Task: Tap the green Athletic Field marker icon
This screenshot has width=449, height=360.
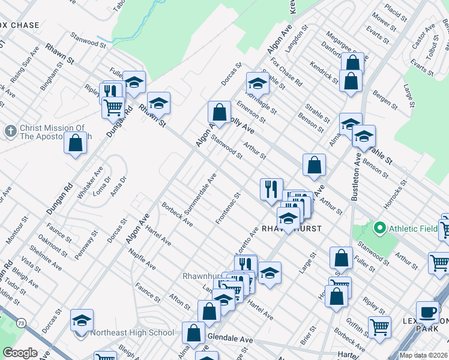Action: pyautogui.click(x=379, y=228)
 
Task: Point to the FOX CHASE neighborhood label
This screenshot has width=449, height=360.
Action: pyautogui.click(x=19, y=25)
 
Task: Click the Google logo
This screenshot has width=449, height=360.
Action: pyautogui.click(x=20, y=353)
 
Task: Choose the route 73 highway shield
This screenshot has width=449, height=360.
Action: pyautogui.click(x=22, y=323)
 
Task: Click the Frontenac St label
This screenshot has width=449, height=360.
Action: pyautogui.click(x=229, y=208)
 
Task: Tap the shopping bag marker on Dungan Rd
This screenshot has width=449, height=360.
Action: pyautogui.click(x=75, y=144)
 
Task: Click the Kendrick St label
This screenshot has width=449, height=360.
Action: pyautogui.click(x=325, y=72)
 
